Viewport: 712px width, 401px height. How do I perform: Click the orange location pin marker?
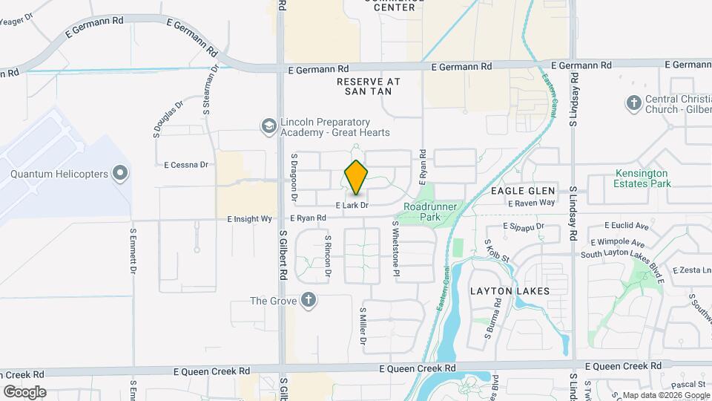pos(357,177)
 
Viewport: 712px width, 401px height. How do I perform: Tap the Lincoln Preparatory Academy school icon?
pos(268,127)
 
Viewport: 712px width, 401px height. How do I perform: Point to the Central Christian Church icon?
pos(633,104)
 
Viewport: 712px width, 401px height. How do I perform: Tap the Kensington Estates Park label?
pos(642,178)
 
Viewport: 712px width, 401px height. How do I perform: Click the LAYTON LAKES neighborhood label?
pos(510,291)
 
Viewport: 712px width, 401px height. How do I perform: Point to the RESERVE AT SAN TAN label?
pos(368,86)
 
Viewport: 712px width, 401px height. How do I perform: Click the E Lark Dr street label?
pos(352,204)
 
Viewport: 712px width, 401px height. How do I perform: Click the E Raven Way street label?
pos(533,202)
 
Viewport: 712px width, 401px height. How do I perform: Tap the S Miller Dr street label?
pos(363,327)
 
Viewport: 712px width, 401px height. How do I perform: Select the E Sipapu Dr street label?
pos(524,226)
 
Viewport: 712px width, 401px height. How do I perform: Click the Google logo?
pos(24,391)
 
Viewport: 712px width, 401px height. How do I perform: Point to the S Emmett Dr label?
pos(134,249)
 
